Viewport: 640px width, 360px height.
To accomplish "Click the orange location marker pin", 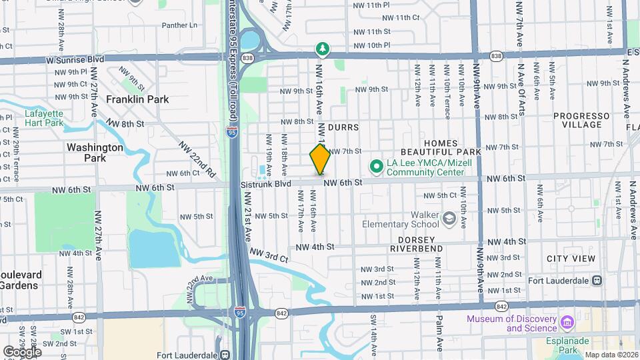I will [320, 159].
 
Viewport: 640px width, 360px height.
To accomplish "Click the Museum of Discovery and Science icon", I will [567, 323].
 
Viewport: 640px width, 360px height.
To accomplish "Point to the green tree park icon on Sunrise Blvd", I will [323, 49].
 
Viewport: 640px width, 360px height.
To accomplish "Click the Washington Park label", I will [95, 153].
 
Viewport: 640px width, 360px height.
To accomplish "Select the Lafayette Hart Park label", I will [44, 118].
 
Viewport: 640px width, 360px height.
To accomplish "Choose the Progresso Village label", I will [581, 120].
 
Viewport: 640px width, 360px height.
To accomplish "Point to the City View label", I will [571, 259].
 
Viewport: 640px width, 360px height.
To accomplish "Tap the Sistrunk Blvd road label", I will [266, 183].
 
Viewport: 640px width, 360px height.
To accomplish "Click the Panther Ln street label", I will [180, 25].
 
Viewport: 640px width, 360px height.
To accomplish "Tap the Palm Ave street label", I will [440, 333].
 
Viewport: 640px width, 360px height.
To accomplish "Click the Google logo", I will [22, 351].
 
